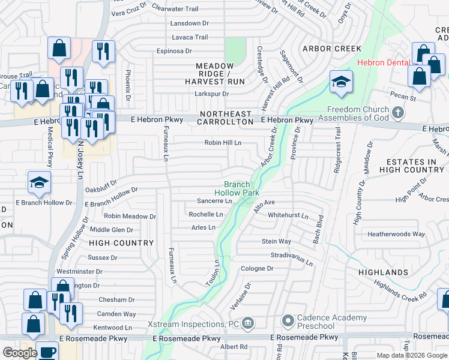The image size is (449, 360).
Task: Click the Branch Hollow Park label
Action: [x=241, y=188]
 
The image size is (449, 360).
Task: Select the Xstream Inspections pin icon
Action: [x=248, y=325]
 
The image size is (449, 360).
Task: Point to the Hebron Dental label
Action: [x=383, y=62]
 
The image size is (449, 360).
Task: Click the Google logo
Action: [x=20, y=353]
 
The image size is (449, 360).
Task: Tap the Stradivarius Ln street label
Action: [x=292, y=259]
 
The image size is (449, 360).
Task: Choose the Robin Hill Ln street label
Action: [x=223, y=143]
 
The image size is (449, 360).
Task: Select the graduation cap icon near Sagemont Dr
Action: [x=341, y=83]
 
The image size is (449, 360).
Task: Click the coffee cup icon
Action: [x=47, y=352]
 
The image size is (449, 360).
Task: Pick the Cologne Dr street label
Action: [x=257, y=268]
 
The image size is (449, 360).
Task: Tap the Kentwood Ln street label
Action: [x=112, y=328]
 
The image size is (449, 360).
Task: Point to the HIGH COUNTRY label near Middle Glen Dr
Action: [x=121, y=243]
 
